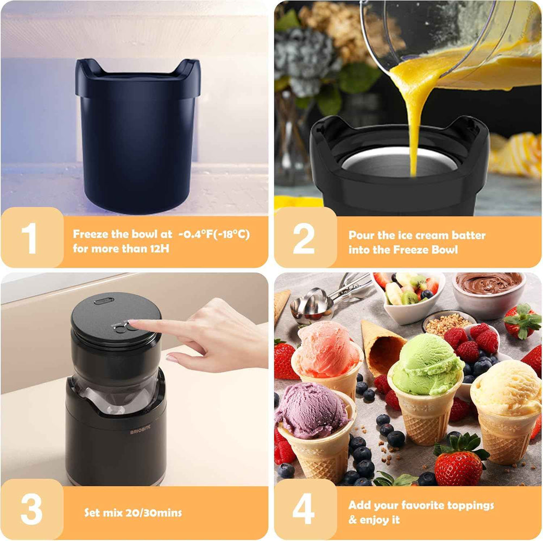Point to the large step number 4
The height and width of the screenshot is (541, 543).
click(x=304, y=510)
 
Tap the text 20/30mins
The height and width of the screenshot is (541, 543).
click(x=155, y=513)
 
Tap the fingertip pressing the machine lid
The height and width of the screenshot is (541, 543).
click(x=133, y=324)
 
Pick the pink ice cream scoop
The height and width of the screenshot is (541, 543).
click(x=327, y=348)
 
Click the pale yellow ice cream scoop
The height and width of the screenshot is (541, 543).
click(x=507, y=387)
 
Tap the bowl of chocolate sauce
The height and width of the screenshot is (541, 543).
click(x=489, y=284)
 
